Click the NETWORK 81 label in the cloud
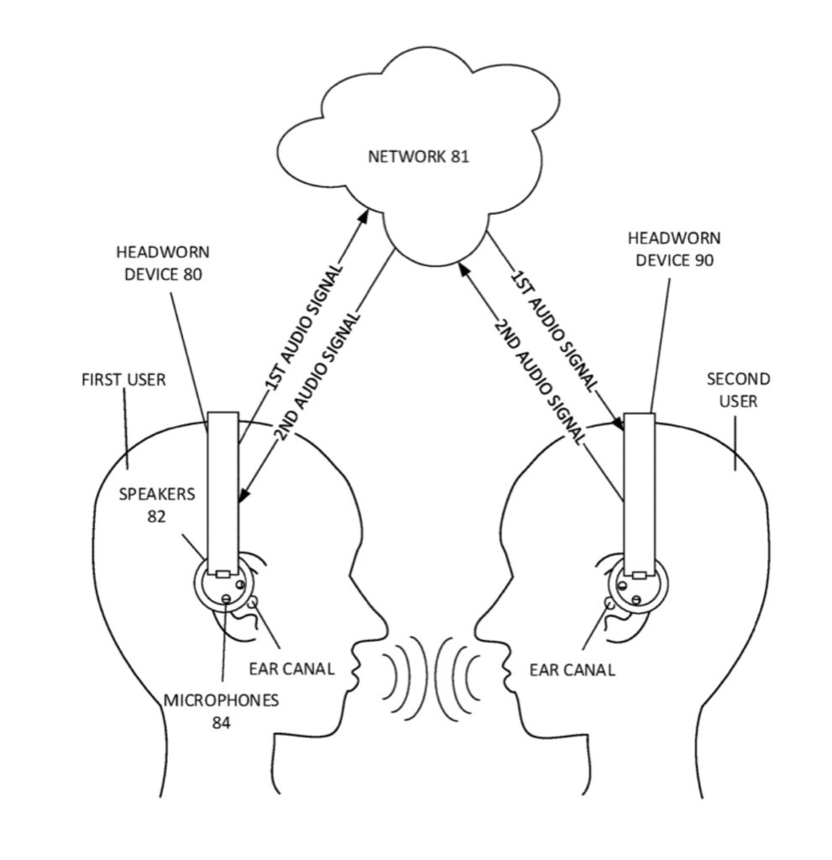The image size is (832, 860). pos(418,157)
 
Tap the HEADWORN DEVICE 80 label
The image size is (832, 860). pos(163,263)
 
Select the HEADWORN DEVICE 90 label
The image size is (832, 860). pos(674,249)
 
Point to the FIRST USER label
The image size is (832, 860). pos(123,380)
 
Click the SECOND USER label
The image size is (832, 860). pos(738,390)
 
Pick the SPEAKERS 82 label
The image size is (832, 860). pos(156,505)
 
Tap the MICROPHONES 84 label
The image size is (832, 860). pos(221,711)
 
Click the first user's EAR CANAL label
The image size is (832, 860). pos(292,669)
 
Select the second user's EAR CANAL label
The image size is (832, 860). pos(572,669)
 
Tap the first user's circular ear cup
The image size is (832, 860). pos(222,585)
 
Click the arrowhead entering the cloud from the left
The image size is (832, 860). pos(364,216)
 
